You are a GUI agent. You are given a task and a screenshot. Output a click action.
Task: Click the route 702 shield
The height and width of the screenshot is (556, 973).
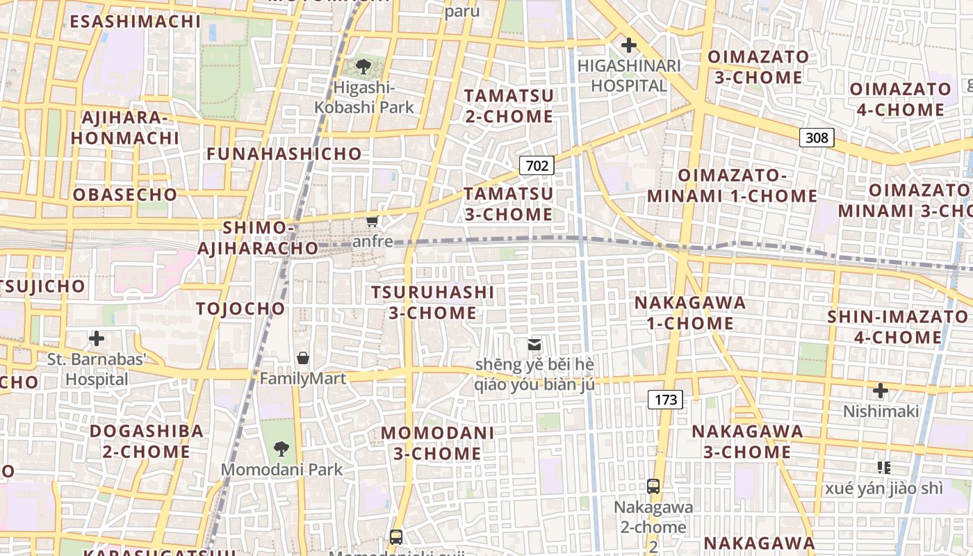point(537,165)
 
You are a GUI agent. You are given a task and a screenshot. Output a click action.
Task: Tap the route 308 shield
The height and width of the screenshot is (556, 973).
point(817,137)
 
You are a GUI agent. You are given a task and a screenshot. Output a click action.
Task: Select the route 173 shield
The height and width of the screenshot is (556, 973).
point(665,399)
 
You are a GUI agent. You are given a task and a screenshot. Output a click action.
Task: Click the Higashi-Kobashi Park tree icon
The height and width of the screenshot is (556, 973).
point(363,67)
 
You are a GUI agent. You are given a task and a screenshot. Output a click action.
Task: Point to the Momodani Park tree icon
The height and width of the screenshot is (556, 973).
point(281,449)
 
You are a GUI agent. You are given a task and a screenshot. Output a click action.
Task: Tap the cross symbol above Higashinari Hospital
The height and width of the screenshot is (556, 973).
point(629,46)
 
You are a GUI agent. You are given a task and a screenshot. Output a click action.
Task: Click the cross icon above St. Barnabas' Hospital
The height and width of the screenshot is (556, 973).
point(97,339)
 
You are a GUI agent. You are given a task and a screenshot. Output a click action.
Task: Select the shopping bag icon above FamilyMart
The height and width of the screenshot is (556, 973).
point(303,359)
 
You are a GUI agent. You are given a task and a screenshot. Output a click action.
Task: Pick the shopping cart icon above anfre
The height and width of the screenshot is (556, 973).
point(373,222)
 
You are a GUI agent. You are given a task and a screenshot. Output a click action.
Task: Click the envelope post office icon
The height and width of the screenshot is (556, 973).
point(534,344)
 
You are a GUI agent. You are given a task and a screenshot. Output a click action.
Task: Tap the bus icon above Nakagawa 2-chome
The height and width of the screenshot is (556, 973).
point(653,486)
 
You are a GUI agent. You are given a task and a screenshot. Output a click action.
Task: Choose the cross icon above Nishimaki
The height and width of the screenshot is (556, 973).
point(881,391)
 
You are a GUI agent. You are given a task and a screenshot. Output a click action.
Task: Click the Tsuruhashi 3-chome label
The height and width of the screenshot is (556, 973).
point(432,302)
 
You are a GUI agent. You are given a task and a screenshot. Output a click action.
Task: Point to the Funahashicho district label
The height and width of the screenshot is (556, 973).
point(284,154)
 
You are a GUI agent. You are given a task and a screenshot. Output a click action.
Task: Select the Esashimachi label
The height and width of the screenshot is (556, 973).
point(135,21)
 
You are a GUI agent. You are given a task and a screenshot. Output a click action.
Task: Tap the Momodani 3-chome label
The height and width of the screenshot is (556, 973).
point(437,443)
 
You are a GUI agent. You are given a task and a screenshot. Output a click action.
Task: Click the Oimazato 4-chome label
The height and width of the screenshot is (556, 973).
point(900,99)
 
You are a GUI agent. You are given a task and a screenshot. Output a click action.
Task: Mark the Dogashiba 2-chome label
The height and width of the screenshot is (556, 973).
point(146,441)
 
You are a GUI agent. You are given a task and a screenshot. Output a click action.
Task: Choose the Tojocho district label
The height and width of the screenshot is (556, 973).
point(240,309)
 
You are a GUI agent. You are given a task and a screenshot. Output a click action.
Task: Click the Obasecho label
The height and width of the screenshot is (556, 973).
point(125,195)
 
